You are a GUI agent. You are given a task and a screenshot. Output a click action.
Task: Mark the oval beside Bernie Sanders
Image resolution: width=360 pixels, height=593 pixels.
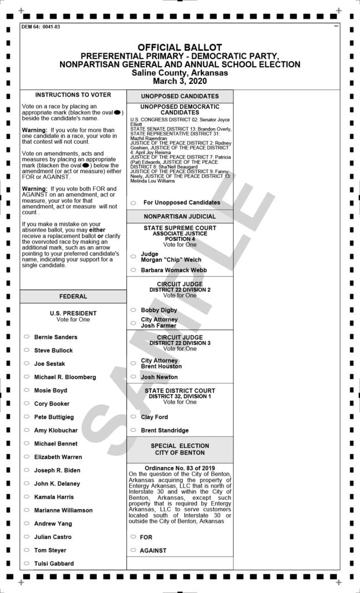click(27, 337)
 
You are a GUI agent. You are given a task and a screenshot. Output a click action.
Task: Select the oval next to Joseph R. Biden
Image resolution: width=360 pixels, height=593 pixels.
click(27, 470)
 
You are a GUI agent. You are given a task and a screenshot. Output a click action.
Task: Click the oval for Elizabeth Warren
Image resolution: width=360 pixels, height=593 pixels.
click(27, 457)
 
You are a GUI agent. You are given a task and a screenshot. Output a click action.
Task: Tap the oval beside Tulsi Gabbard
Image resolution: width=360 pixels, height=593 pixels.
click(27, 563)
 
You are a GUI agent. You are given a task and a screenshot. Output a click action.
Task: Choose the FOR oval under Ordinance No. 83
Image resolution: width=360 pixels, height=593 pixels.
click(133, 537)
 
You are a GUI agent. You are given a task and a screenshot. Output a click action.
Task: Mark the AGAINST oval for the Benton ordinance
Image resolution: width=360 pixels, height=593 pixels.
click(133, 550)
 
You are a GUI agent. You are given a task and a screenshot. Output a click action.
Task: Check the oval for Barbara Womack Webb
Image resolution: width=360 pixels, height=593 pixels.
click(133, 270)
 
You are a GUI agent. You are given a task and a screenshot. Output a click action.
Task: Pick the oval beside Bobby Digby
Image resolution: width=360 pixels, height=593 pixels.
click(133, 310)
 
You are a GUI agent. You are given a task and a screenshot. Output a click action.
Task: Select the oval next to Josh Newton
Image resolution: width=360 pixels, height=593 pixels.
click(133, 377)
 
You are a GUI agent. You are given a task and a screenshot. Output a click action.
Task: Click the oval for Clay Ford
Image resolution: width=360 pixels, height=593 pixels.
click(133, 417)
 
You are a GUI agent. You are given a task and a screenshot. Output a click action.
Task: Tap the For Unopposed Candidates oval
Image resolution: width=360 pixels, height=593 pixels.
click(133, 203)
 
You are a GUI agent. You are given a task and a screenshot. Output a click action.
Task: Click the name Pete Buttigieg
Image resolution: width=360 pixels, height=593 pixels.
click(54, 417)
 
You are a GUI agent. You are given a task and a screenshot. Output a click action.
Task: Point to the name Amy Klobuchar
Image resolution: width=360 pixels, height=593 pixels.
click(55, 430)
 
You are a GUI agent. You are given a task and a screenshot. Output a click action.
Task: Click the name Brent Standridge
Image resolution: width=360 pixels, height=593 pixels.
click(164, 430)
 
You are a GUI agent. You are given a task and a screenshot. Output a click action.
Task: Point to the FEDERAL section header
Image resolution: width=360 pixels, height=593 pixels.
click(73, 296)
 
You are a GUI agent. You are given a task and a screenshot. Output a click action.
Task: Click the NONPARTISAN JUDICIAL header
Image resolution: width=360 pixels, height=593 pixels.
click(179, 216)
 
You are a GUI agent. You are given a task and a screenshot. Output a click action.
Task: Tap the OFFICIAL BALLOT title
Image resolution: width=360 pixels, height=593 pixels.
click(179, 47)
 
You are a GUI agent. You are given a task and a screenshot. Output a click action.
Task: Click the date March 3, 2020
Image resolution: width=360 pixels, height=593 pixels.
click(179, 81)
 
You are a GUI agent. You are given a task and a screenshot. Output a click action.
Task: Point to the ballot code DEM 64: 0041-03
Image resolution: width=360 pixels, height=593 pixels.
click(41, 27)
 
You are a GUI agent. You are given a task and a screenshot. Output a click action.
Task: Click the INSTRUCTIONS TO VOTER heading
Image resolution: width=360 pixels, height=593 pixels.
click(73, 95)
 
